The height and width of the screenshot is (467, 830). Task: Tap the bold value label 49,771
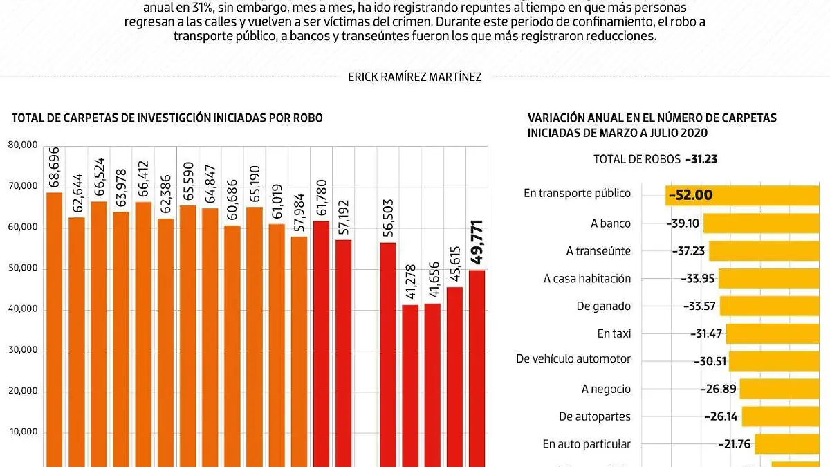click(x=477, y=242)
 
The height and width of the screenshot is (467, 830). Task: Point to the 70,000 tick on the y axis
click(x=23, y=186)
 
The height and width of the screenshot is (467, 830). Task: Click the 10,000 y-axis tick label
click(x=23, y=432)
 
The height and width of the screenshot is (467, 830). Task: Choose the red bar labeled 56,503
click(x=388, y=353)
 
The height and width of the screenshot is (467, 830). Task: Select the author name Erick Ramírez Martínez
click(x=415, y=77)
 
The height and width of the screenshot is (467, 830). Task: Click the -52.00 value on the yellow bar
click(x=690, y=195)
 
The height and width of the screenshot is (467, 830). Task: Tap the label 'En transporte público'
click(x=577, y=194)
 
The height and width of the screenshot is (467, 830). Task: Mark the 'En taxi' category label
click(x=614, y=333)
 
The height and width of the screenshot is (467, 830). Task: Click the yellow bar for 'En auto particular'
click(x=792, y=444)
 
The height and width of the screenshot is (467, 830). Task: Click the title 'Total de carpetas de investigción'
click(x=167, y=118)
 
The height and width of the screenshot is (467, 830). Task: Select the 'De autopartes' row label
click(x=595, y=416)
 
